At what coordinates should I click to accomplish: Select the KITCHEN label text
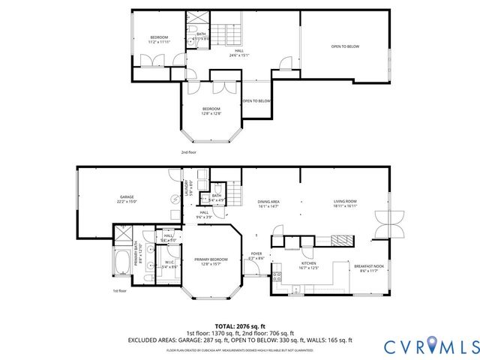[309, 263]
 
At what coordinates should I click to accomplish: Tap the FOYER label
[256, 255]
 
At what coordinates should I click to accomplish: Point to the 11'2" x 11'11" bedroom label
[159, 40]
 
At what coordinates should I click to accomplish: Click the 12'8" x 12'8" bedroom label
[211, 111]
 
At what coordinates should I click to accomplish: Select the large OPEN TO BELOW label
[345, 46]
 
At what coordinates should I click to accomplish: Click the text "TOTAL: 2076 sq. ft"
[240, 326]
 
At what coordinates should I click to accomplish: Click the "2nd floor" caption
[189, 152]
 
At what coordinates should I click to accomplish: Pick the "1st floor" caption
[119, 290]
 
